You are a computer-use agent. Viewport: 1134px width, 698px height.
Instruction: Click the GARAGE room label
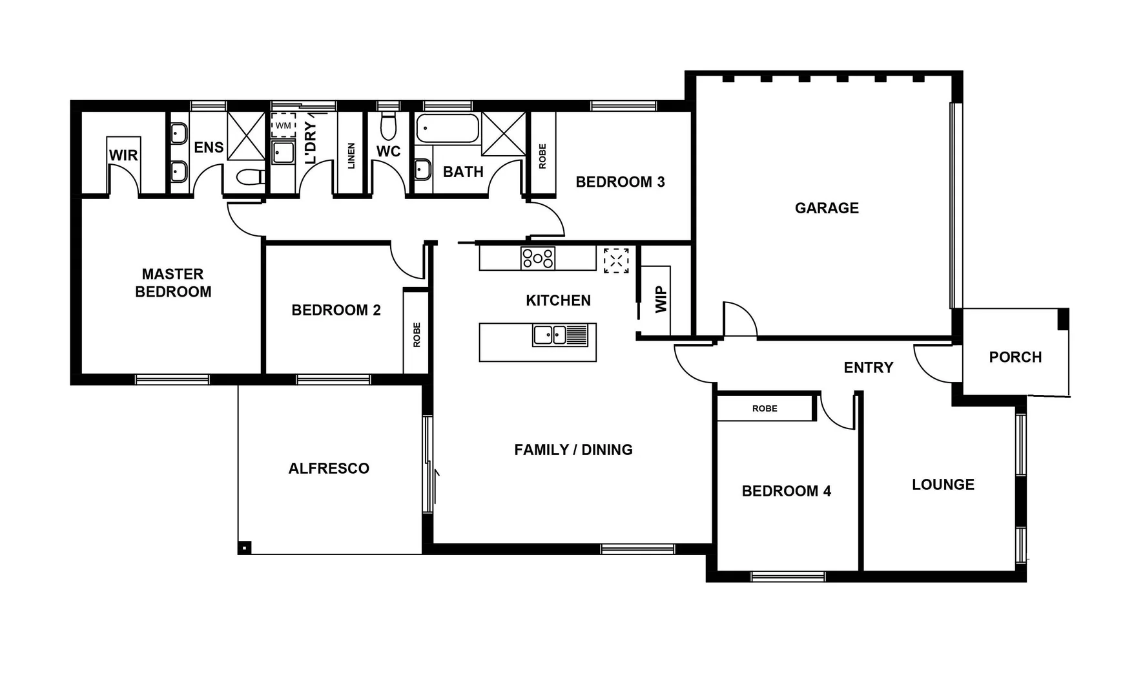[827, 208]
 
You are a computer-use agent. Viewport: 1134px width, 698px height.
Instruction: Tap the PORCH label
[1015, 357]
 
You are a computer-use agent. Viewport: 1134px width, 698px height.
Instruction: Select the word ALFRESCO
[329, 469]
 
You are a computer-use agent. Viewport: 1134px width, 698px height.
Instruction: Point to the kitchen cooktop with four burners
[538, 259]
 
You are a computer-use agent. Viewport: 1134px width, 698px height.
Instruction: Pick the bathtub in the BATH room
[448, 128]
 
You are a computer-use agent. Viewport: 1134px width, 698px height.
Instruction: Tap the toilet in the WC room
[388, 126]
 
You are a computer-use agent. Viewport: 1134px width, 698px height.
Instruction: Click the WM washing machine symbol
[283, 125]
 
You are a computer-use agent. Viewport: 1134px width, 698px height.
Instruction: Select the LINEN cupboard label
[351, 156]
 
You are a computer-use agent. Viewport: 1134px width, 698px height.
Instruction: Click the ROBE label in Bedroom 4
[765, 408]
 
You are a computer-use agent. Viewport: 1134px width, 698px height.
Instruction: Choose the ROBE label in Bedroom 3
[542, 156]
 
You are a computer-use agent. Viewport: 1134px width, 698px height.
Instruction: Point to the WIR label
[123, 156]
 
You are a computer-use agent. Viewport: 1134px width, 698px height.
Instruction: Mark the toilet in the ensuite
[250, 176]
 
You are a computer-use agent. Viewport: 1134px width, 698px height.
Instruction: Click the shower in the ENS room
[246, 135]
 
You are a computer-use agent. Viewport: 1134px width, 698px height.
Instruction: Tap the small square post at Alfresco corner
[244, 548]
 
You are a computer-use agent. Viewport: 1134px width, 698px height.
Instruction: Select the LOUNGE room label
[943, 485]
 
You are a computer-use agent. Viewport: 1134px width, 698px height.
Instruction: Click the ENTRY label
[869, 368]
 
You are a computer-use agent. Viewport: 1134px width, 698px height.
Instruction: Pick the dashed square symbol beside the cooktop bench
[616, 260]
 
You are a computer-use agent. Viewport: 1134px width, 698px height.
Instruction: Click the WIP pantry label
[661, 300]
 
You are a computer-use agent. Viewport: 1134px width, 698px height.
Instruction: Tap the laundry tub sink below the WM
[283, 153]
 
